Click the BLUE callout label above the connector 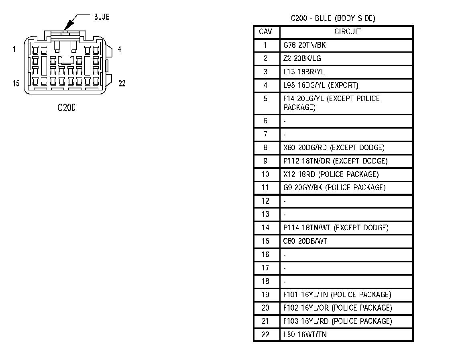click(x=102, y=17)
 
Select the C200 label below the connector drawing click(x=66, y=108)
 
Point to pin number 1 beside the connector click(x=14, y=49)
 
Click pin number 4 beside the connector click(x=119, y=49)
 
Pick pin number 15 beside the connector click(x=16, y=84)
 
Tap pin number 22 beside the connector click(x=122, y=84)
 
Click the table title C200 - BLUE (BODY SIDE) click(x=333, y=18)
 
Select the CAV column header click(x=266, y=32)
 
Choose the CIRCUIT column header click(x=347, y=32)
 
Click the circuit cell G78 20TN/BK click(x=305, y=45)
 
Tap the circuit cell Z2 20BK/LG click(x=302, y=58)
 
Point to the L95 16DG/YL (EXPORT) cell click(x=321, y=85)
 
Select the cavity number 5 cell click(x=266, y=98)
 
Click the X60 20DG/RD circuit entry click(x=334, y=147)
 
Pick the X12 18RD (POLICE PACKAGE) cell click(x=331, y=174)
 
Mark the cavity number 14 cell click(x=266, y=228)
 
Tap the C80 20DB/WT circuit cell click(x=302, y=241)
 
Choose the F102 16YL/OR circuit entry click(x=337, y=308)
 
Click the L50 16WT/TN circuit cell click(x=305, y=334)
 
